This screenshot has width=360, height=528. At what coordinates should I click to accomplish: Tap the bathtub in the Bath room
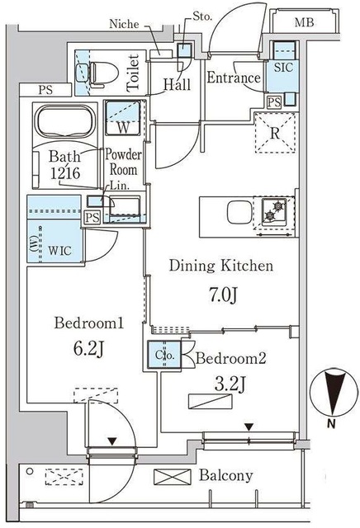(x=64, y=121)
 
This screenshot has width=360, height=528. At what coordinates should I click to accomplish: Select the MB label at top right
(x=304, y=22)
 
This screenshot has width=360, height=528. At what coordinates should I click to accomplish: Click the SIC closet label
(x=283, y=68)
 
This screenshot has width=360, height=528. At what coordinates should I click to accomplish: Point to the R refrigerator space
(x=275, y=134)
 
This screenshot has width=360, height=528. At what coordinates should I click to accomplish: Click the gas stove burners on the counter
(x=274, y=211)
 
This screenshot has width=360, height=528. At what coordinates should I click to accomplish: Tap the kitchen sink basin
(x=239, y=213)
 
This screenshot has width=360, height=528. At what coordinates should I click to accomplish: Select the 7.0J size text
(x=223, y=295)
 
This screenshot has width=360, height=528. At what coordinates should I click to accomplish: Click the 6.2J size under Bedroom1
(x=88, y=349)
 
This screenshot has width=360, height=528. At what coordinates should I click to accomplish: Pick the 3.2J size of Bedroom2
(x=230, y=384)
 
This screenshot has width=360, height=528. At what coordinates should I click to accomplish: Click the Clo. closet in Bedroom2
(x=165, y=356)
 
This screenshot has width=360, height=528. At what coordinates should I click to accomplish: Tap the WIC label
(x=59, y=251)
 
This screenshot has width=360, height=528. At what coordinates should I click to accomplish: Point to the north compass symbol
(x=334, y=393)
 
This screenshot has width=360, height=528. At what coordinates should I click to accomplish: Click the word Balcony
(x=226, y=476)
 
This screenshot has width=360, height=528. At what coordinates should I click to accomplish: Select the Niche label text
(x=124, y=24)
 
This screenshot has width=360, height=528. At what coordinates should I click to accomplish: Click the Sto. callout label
(x=202, y=16)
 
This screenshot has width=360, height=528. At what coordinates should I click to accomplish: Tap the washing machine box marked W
(x=122, y=118)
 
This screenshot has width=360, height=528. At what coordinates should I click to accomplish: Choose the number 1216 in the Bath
(x=65, y=173)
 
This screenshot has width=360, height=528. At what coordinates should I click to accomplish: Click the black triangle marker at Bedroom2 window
(x=249, y=427)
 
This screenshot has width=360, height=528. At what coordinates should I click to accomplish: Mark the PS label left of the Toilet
(x=45, y=90)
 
